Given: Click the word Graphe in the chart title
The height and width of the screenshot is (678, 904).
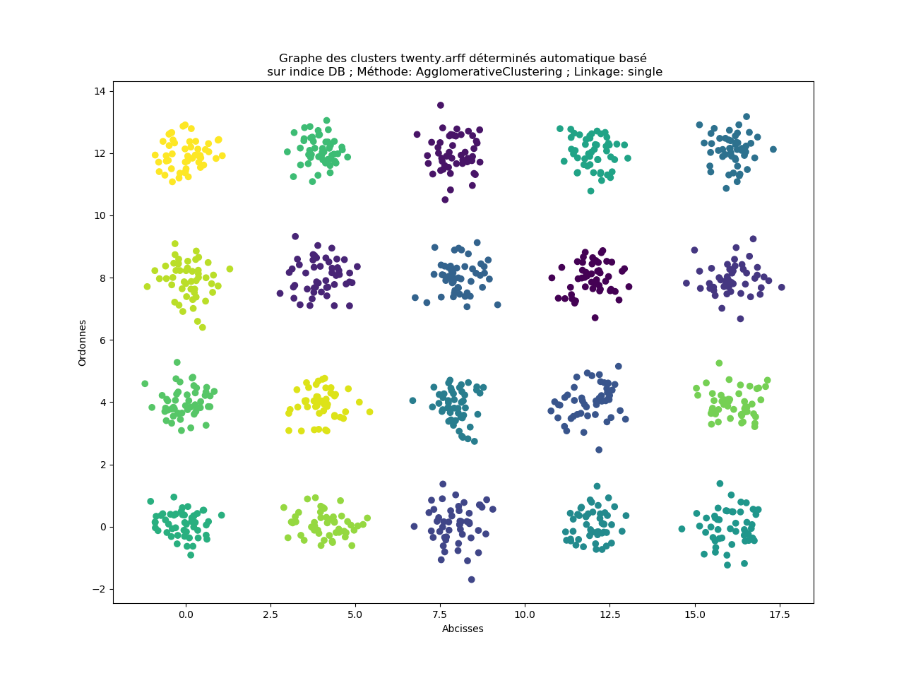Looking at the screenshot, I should point(299,59).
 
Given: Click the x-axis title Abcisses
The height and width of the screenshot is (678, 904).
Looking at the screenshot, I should point(463,629).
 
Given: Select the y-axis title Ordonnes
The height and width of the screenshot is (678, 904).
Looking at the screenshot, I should point(83,343).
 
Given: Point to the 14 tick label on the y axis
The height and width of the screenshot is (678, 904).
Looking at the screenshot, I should point(100,91).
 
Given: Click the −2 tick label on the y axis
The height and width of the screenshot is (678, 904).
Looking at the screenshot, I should point(97,589).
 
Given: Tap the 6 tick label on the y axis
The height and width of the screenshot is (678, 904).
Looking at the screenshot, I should point(102,340).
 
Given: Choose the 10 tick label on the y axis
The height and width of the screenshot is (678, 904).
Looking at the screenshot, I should point(100,215).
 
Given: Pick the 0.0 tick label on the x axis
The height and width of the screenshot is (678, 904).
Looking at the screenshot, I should point(186,614).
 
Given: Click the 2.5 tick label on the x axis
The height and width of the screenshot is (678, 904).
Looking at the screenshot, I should point(270,614).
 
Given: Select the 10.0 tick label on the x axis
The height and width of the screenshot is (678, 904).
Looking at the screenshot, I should point(525,614).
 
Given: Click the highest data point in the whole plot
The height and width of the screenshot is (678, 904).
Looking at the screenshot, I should point(441,105).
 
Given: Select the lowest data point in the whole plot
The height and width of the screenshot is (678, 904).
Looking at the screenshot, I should point(472,580).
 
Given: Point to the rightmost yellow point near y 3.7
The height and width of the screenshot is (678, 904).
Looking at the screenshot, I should point(369,412).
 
